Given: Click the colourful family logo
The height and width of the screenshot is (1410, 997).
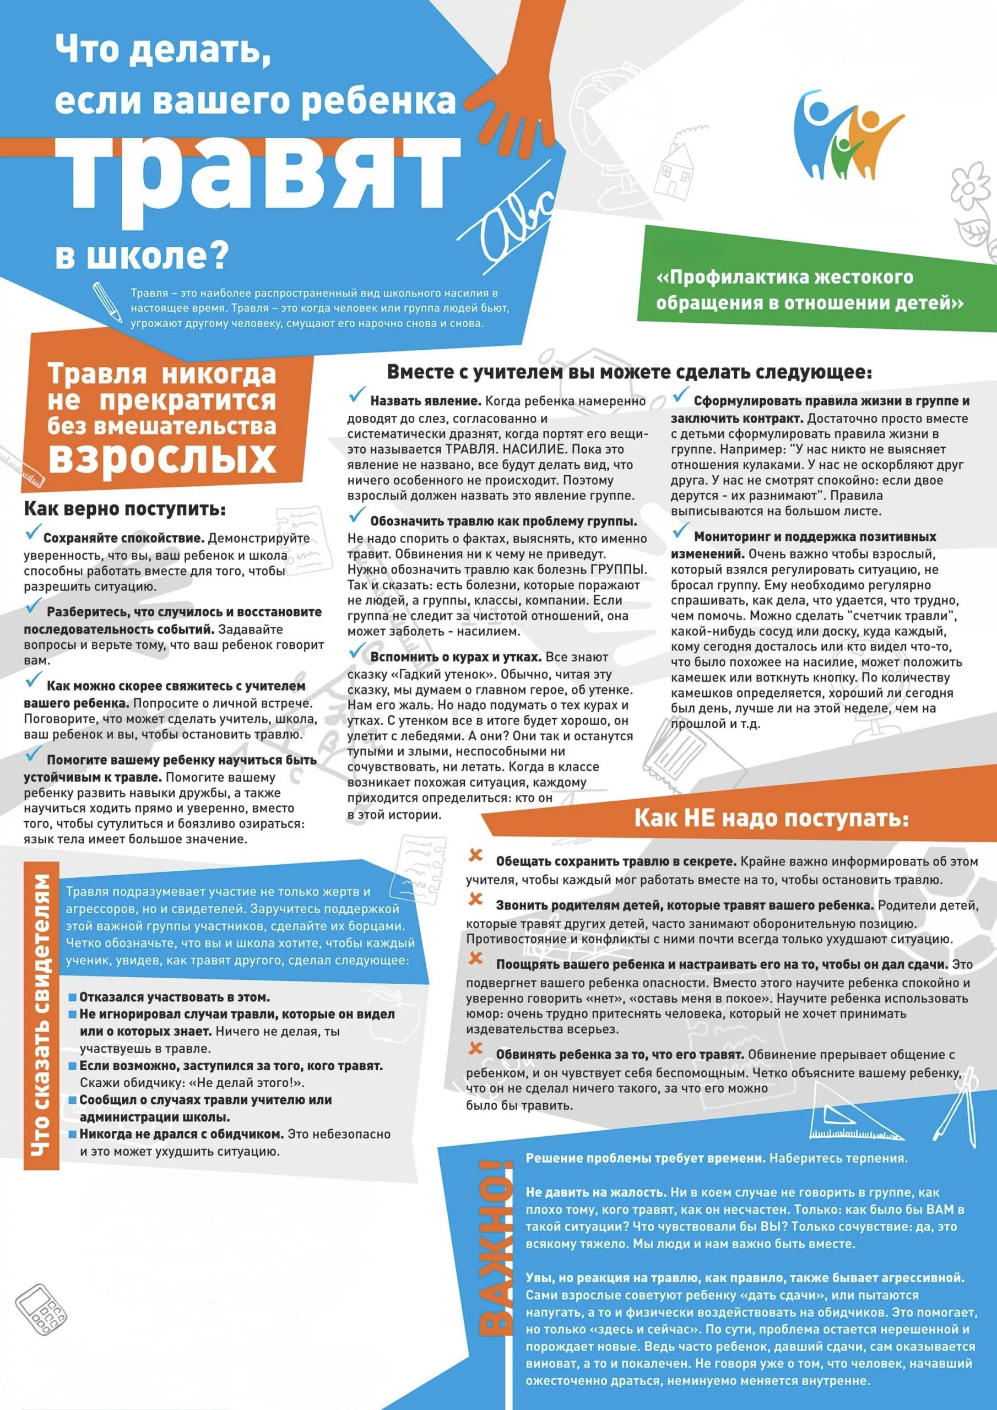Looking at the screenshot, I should click(x=844, y=133).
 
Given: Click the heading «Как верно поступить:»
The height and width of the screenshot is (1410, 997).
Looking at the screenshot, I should click(x=124, y=508).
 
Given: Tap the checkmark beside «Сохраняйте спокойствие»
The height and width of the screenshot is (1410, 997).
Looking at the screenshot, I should click(x=32, y=533).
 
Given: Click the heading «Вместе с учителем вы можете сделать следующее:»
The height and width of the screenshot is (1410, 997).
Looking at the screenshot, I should click(x=628, y=372).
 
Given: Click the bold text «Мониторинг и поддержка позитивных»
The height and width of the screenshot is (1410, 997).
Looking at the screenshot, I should click(x=815, y=536).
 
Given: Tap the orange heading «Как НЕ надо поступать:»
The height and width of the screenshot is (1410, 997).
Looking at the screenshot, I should click(x=771, y=818).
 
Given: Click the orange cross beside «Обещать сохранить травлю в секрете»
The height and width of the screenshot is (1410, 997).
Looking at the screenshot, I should click(x=475, y=855).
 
